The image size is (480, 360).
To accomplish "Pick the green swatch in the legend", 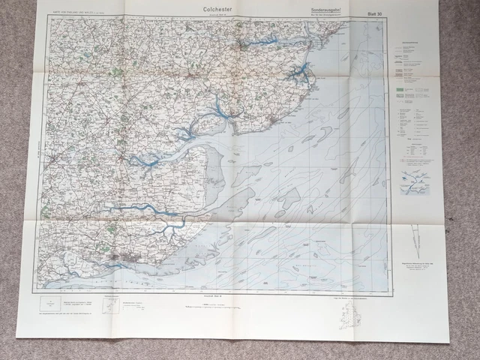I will tap(400, 88).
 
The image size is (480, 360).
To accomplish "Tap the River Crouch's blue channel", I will tap(142, 209).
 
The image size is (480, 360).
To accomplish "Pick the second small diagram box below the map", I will tap(110, 306).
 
